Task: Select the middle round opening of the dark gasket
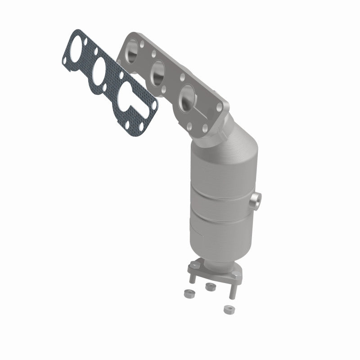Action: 99,70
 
